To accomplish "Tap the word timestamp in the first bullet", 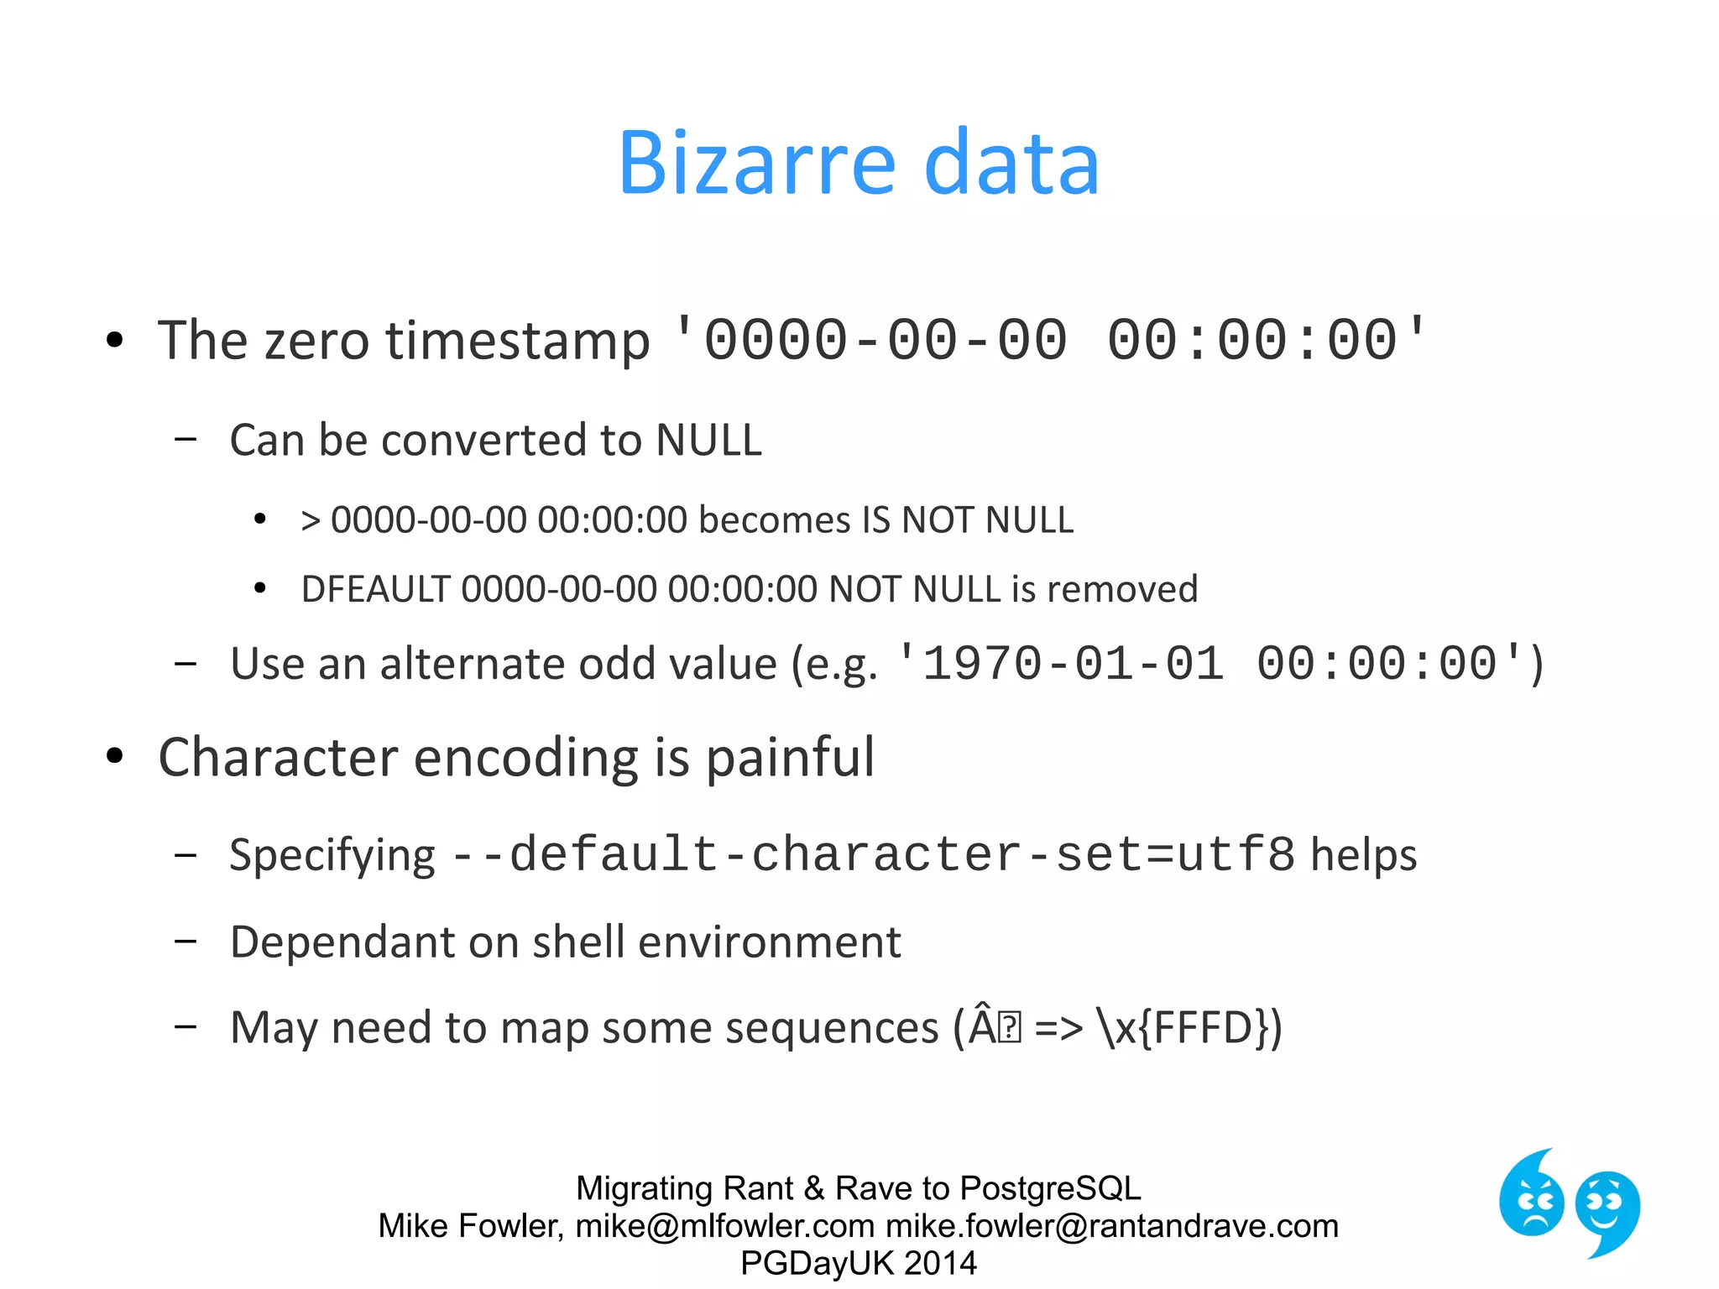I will pyautogui.click(x=517, y=342).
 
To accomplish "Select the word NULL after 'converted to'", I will pyautogui.click(x=708, y=440).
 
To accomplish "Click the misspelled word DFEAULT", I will pyautogui.click(x=375, y=589).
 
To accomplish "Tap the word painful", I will pyautogui.click(x=790, y=758).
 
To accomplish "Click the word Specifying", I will pyautogui.click(x=332, y=855).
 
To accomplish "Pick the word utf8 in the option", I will pyautogui.click(x=1236, y=855).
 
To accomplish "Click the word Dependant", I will pyautogui.click(x=341, y=942).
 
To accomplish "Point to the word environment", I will pyautogui.click(x=770, y=942).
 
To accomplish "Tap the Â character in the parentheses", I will pyautogui.click(x=982, y=1025).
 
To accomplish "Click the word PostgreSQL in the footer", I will pyautogui.click(x=1050, y=1188).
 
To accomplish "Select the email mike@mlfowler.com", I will pyautogui.click(x=725, y=1226).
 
